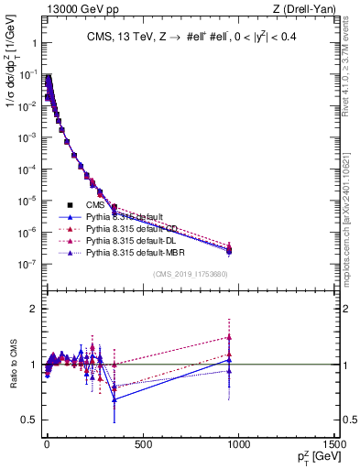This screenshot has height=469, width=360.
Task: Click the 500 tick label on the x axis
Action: point(142,445)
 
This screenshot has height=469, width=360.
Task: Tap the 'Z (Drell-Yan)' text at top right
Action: point(307,9)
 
